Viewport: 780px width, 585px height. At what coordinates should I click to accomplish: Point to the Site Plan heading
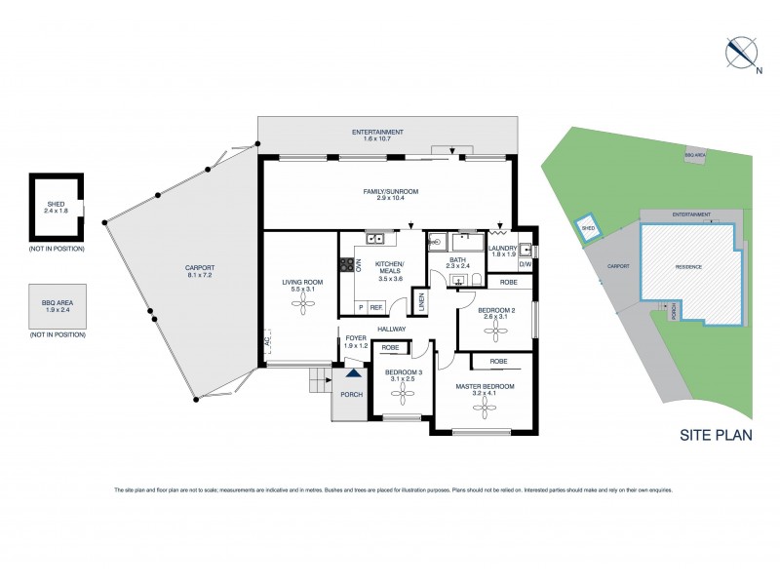pyautogui.click(x=716, y=436)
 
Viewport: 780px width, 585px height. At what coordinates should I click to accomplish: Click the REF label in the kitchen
pyautogui.click(x=375, y=307)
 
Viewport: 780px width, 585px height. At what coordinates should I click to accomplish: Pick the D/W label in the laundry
pyautogui.click(x=525, y=264)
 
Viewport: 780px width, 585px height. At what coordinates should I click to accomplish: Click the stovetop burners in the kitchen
pyautogui.click(x=345, y=263)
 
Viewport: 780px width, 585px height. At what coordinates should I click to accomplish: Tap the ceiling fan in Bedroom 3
pyautogui.click(x=403, y=395)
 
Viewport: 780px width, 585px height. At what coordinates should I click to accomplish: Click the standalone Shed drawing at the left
pyautogui.click(x=56, y=207)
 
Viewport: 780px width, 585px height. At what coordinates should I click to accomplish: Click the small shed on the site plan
pyautogui.click(x=588, y=228)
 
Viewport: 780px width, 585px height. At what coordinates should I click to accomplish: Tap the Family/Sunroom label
pyautogui.click(x=390, y=194)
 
